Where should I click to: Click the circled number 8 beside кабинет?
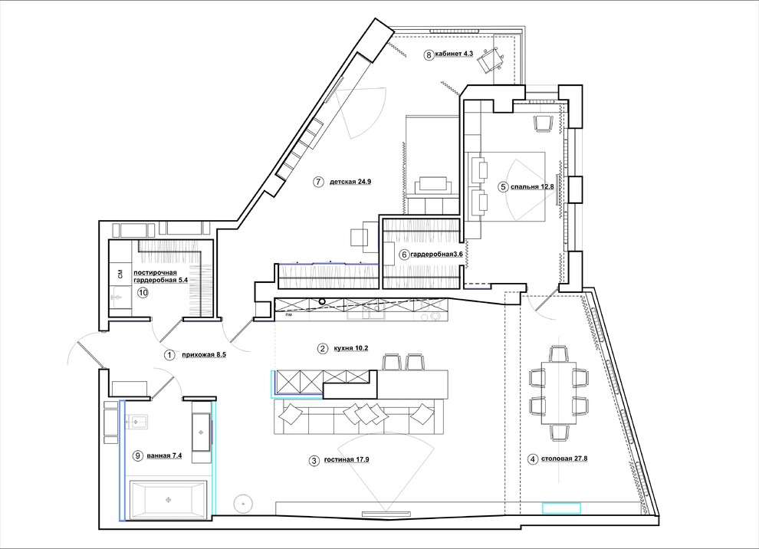[x=429, y=54]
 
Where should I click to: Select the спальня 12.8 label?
[x=532, y=186]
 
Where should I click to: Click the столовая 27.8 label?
[x=564, y=459]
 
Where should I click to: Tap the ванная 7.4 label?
[x=163, y=455]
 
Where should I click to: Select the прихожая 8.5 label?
[x=204, y=355]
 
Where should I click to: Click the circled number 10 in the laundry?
[x=142, y=292]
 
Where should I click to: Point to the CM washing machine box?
[x=120, y=274]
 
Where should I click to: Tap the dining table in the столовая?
[x=559, y=393]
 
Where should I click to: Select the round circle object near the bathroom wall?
[x=243, y=504]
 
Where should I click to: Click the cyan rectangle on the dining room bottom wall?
[x=561, y=508]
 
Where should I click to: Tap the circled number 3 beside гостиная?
[x=314, y=460]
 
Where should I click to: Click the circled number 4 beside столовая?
[x=533, y=459]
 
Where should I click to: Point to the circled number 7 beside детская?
[x=317, y=182]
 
